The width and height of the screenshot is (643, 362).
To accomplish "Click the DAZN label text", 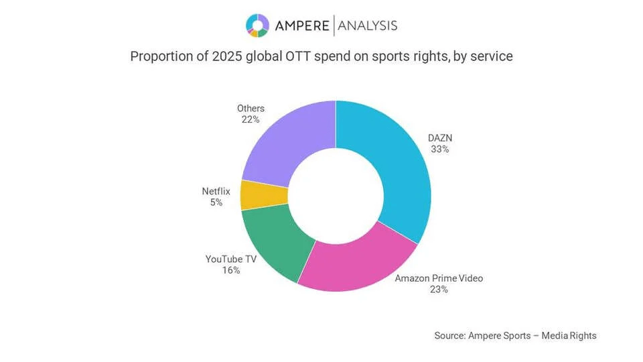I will (440, 138).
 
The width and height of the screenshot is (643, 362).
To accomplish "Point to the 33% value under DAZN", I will (440, 149).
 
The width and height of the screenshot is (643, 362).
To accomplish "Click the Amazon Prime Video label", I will (439, 278).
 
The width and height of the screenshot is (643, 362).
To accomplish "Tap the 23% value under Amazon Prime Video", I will (439, 290).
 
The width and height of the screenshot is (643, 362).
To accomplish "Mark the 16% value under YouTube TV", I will (231, 270).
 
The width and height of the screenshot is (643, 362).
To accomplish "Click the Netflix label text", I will (216, 191).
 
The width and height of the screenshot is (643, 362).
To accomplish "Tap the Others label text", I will (251, 108).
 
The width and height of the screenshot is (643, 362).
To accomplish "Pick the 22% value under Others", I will (251, 119).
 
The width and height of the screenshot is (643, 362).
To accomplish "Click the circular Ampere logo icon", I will (257, 25).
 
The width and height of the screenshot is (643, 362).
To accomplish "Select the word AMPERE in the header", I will (301, 25).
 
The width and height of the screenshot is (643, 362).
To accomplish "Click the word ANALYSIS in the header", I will (368, 25).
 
